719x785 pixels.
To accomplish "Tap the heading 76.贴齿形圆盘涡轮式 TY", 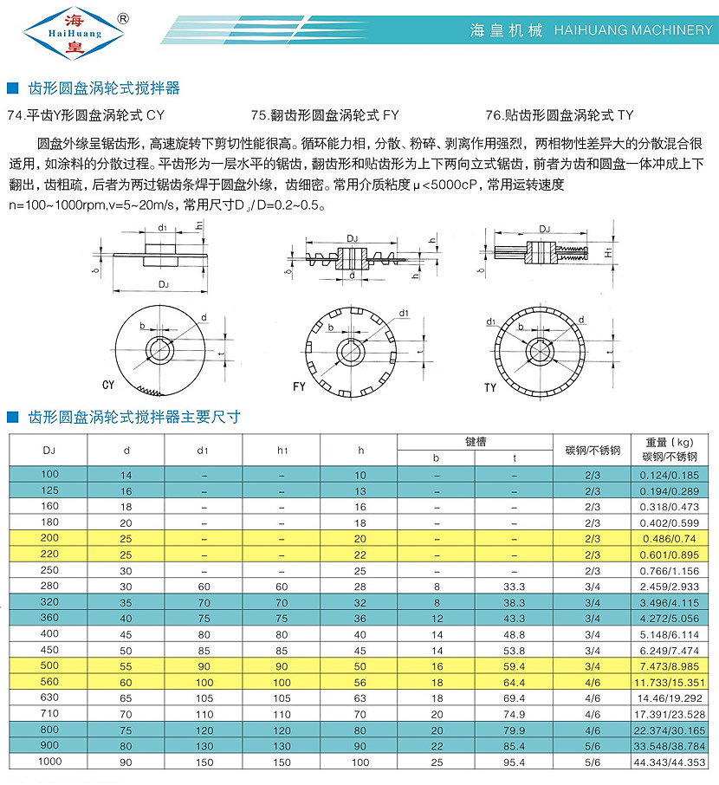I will [x=560, y=114].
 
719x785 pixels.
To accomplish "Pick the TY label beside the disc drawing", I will [x=491, y=386].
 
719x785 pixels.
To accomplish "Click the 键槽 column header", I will [x=475, y=441].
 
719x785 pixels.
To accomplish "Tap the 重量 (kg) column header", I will [x=671, y=441].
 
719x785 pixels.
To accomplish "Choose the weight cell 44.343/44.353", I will [x=672, y=762].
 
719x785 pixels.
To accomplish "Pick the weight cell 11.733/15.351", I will [x=672, y=683].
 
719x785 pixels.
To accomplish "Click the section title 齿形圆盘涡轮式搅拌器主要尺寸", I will [x=134, y=417].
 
